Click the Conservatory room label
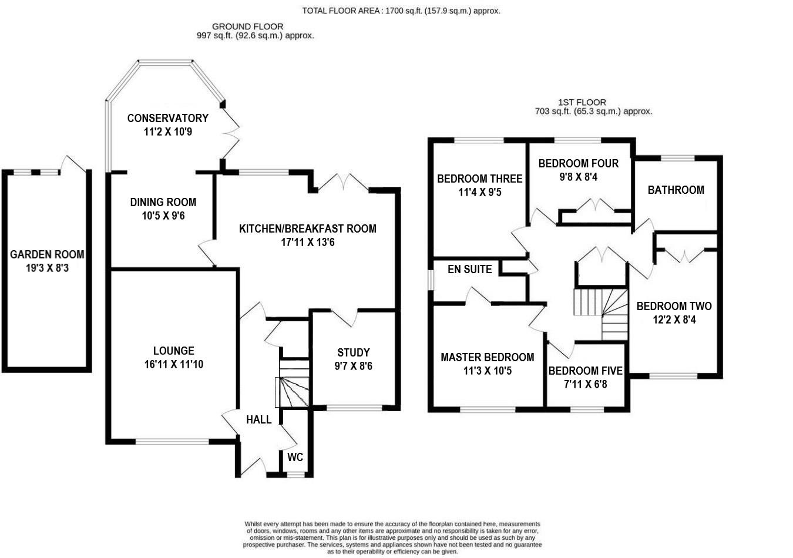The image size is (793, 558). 167,118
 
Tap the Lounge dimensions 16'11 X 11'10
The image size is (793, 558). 174,365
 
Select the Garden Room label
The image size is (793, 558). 47,255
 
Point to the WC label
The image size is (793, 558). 295,457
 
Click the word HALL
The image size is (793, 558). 258,419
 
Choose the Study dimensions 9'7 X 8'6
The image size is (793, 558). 354,367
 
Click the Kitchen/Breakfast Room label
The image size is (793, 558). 307,228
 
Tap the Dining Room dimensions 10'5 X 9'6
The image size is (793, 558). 163,216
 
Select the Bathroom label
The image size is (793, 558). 676,190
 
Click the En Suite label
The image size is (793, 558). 469,270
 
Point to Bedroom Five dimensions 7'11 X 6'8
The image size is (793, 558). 585,385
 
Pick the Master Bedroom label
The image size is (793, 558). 488,357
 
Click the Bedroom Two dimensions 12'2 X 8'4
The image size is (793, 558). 674,320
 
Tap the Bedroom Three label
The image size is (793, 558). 479,179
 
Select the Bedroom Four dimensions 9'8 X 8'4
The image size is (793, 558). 579,177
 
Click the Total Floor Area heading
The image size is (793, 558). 401,11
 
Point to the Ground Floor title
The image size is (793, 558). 247,26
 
